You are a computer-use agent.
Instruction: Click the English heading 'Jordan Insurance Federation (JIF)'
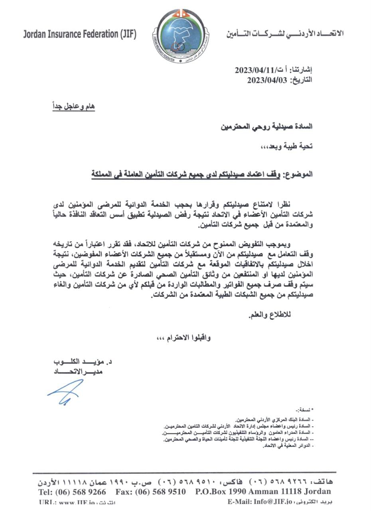pos(80,34)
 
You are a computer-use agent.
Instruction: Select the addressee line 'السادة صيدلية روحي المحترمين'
pos(267,127)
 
